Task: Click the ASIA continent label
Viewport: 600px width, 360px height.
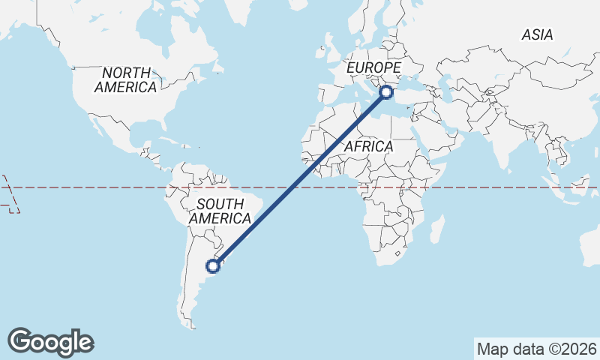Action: pyautogui.click(x=537, y=34)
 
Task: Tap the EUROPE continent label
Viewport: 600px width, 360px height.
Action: pyautogui.click(x=374, y=68)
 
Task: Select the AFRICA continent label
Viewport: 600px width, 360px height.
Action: pyautogui.click(x=368, y=146)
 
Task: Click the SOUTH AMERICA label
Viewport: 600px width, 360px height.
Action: pyautogui.click(x=220, y=211)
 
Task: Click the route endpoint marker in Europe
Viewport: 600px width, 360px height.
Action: pyautogui.click(x=386, y=92)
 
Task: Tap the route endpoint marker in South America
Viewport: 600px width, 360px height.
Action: pyautogui.click(x=213, y=265)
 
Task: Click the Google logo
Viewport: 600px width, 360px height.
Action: pyautogui.click(x=51, y=342)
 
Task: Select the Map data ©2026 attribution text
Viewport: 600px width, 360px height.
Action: pyautogui.click(x=537, y=349)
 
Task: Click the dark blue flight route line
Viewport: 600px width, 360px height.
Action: pyautogui.click(x=300, y=178)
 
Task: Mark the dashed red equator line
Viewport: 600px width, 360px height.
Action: pyautogui.click(x=90, y=187)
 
